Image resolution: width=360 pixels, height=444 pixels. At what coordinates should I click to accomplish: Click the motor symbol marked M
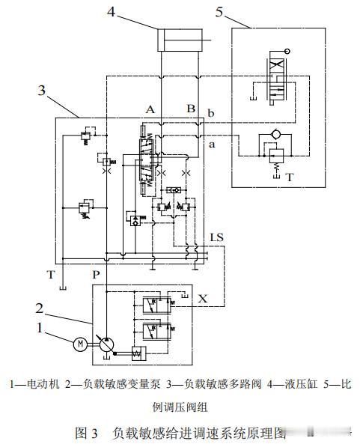[x=80, y=344]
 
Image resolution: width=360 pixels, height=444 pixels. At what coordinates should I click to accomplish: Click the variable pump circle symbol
[x=106, y=344]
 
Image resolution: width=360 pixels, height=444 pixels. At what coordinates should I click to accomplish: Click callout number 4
[x=112, y=12]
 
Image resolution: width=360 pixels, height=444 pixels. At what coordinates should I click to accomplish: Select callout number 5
[x=219, y=12]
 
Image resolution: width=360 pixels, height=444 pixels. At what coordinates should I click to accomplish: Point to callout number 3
[x=42, y=90]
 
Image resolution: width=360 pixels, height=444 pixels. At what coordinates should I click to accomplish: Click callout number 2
[x=40, y=308]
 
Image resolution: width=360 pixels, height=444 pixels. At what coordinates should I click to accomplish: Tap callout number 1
[x=40, y=328]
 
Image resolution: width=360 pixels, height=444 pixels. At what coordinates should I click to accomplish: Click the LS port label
[x=216, y=237]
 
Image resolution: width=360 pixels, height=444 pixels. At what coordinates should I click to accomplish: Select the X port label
[x=203, y=299]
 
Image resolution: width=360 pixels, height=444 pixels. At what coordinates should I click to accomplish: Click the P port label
[x=96, y=274]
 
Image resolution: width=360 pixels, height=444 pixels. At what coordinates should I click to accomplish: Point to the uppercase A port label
[x=150, y=109]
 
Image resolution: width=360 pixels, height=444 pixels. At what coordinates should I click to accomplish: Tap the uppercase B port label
[x=191, y=108]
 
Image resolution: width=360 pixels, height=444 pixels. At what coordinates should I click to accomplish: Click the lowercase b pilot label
[x=211, y=113]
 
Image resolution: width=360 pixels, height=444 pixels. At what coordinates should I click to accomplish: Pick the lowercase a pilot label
[x=212, y=145]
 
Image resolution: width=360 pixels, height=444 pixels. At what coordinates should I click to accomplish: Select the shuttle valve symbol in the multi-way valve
[x=173, y=189]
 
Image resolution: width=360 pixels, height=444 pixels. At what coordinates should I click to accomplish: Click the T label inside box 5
[x=290, y=177]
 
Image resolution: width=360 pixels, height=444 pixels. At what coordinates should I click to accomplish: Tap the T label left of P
[x=51, y=274]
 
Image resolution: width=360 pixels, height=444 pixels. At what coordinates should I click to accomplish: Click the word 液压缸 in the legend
[x=301, y=384]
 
